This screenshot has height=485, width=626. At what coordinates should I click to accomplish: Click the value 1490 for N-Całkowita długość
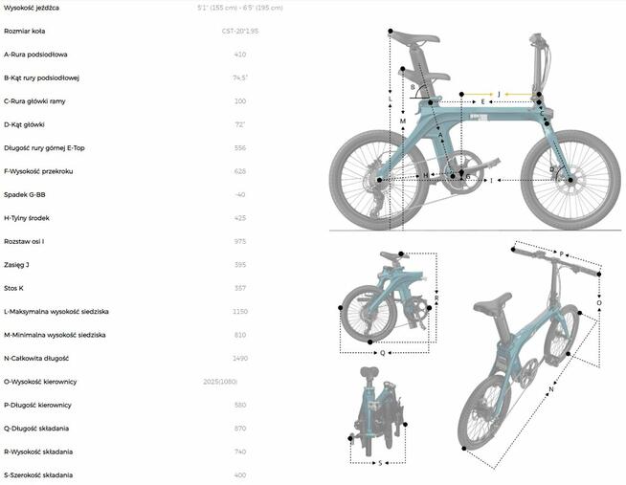239,359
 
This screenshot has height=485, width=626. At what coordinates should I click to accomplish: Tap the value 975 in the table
239,241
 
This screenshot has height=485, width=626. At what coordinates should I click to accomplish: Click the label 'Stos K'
14,288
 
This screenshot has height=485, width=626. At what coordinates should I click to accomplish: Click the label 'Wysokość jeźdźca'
32,8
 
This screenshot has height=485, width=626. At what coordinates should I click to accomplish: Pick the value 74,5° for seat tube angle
239,78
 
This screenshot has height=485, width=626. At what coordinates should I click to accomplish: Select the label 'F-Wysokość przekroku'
38,171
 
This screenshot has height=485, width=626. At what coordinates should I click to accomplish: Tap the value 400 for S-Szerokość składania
239,475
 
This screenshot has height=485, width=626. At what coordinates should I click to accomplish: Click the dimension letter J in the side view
499,94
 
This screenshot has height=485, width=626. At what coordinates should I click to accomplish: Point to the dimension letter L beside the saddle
390,99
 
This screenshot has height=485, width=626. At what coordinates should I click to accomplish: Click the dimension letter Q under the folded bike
383,352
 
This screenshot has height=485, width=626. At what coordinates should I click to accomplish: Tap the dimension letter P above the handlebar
561,254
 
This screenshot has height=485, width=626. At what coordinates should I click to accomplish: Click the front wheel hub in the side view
570,179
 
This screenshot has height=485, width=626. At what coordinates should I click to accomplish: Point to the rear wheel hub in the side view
380,180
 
